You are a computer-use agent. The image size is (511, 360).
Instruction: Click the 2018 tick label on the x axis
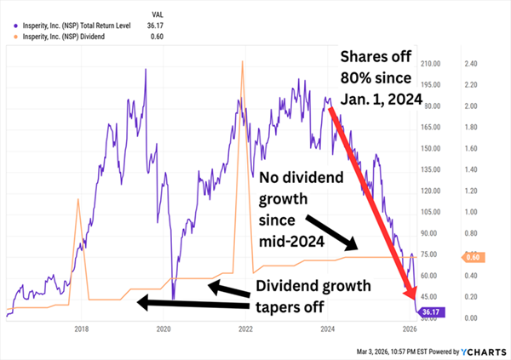(82, 329)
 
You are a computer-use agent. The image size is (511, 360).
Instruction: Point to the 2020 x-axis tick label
(164, 329)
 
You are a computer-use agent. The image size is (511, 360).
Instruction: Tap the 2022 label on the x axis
(245, 329)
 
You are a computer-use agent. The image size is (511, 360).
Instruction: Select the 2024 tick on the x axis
(327, 329)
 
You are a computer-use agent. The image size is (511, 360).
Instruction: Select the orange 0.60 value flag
(474, 256)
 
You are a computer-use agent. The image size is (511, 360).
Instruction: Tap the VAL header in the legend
(158, 14)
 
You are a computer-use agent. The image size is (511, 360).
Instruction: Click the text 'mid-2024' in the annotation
(291, 242)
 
